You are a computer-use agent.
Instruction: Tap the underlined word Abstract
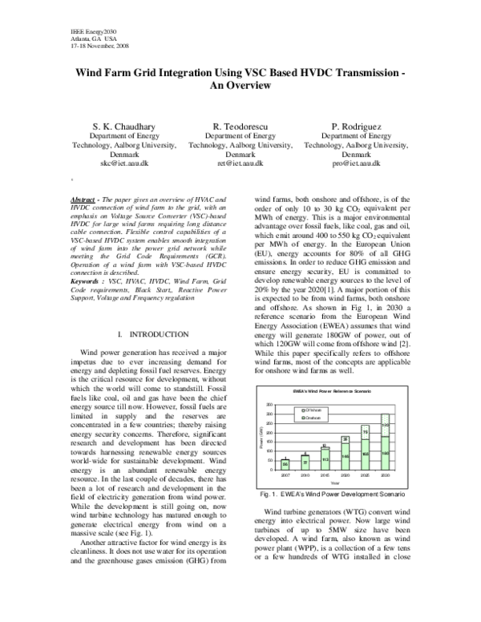point(88,198)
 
